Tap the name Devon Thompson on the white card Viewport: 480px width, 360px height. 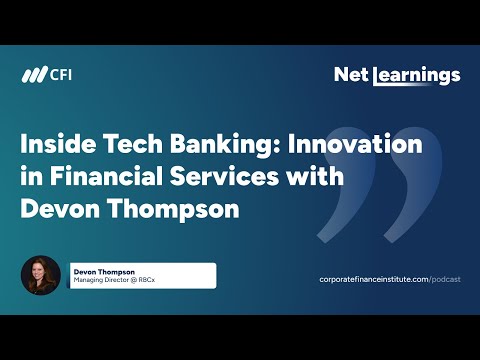pyautogui.click(x=103, y=271)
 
